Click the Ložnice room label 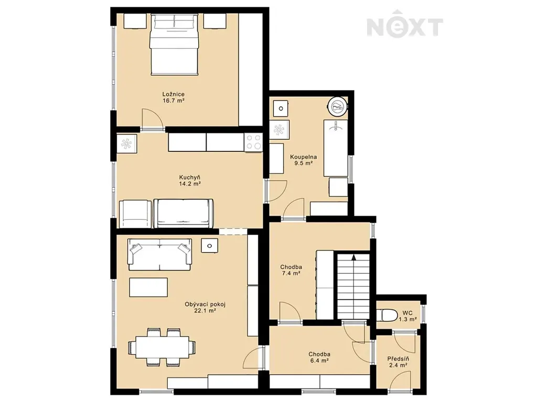(173, 94)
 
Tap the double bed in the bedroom (174, 44)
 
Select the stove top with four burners (253, 142)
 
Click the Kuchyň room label (190, 177)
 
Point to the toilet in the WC (386, 315)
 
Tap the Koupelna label (304, 157)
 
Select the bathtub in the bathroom (336, 148)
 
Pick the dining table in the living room (163, 348)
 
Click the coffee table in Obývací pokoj (148, 287)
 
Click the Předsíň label (398, 359)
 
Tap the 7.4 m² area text (291, 273)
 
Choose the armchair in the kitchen (135, 214)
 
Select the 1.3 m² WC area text (407, 319)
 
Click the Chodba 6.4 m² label (319, 357)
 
